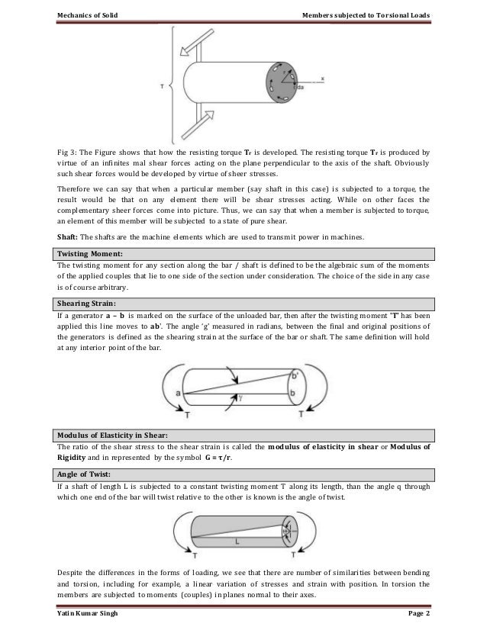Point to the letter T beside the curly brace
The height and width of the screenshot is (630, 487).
160,87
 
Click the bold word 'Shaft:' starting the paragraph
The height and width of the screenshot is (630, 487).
70,234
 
